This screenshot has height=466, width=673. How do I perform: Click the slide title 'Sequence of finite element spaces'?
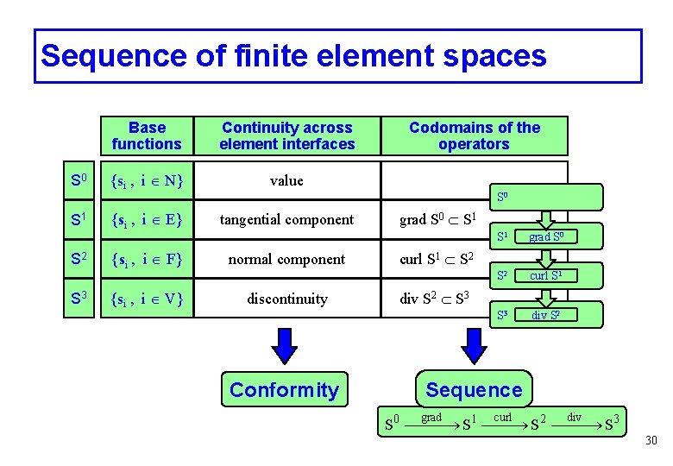pos(293,56)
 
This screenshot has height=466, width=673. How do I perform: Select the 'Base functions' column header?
pos(147,135)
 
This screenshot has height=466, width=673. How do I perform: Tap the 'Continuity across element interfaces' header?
pos(286,135)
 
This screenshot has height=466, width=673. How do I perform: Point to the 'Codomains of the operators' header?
pos(474,135)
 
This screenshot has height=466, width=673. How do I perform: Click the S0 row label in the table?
pos(78,181)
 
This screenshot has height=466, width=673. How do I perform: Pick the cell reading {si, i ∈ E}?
pos(147,220)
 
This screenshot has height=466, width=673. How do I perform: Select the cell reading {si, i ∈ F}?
pos(147,260)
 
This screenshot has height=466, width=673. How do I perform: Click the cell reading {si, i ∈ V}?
pos(147,299)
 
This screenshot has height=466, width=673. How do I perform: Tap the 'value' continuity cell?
pos(286,180)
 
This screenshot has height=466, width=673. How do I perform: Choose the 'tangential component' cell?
pos(286,220)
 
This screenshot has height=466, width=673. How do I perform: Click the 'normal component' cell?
pos(286,260)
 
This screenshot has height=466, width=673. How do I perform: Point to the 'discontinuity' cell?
pos(286,299)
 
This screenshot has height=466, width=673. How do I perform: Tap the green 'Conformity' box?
pos(284,390)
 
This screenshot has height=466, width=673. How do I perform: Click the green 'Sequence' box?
pos(474,390)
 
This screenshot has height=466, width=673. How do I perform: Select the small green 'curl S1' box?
pos(545,276)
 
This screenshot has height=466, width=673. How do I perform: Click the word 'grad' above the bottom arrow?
pos(431,418)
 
